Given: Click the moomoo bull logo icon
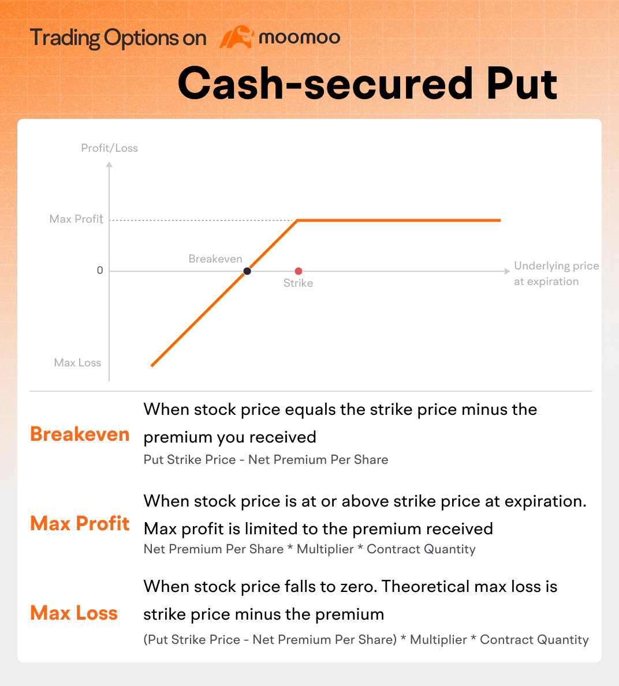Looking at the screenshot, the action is click(x=237, y=37).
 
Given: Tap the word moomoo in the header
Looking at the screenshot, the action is click(x=300, y=38).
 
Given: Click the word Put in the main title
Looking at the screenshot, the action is click(x=521, y=83).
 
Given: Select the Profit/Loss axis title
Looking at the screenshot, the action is click(x=110, y=148).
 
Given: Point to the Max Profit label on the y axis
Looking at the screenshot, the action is click(x=76, y=219).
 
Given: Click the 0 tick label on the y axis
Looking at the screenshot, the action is click(x=100, y=271).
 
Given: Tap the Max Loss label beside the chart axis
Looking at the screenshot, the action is click(x=77, y=363).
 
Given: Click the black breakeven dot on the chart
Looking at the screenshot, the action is click(x=247, y=271).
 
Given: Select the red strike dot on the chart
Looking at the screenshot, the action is click(x=299, y=271).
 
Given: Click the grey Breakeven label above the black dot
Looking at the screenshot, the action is click(x=215, y=258).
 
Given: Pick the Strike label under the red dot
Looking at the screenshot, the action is click(x=298, y=283).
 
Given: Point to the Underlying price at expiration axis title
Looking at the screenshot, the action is click(x=557, y=273).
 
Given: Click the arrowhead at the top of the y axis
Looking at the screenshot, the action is click(x=110, y=164).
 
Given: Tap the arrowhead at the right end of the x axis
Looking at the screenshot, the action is click(x=508, y=271).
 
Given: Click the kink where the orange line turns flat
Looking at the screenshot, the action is click(x=298, y=220).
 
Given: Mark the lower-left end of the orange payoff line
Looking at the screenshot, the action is click(x=152, y=365).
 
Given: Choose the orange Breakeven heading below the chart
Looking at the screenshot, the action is click(x=80, y=434).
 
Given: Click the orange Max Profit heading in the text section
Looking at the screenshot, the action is click(x=80, y=523).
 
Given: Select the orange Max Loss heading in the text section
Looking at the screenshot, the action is click(x=74, y=613).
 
